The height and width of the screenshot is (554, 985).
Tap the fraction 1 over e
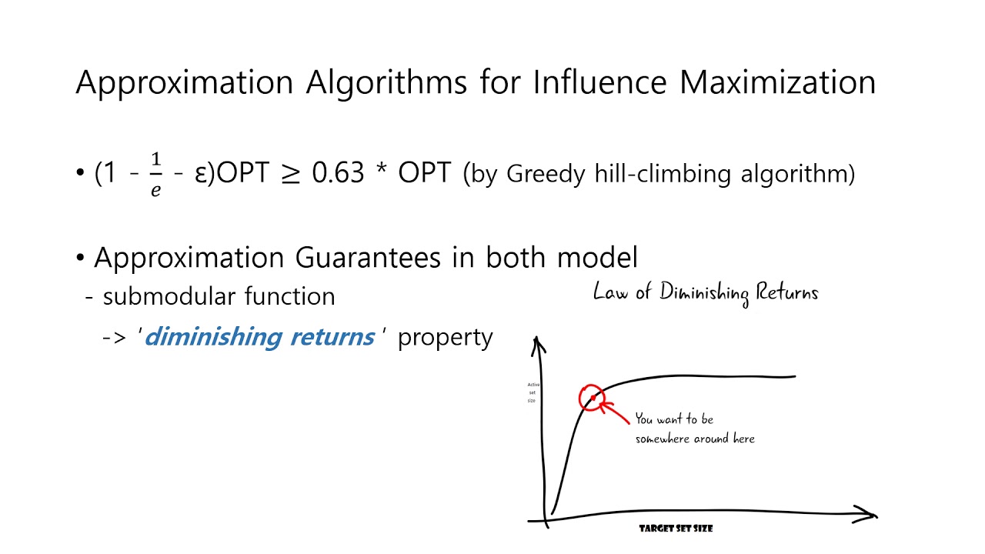point(156,175)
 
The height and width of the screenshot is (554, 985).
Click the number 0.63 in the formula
point(338,174)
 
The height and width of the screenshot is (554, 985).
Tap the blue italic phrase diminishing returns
point(259,337)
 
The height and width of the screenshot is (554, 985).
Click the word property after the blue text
point(445,338)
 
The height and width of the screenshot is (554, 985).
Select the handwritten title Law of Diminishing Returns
point(706,293)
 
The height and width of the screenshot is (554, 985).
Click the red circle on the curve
point(591,398)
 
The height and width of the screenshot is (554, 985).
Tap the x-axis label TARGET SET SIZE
point(676,529)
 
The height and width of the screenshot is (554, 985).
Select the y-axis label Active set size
point(532,392)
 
